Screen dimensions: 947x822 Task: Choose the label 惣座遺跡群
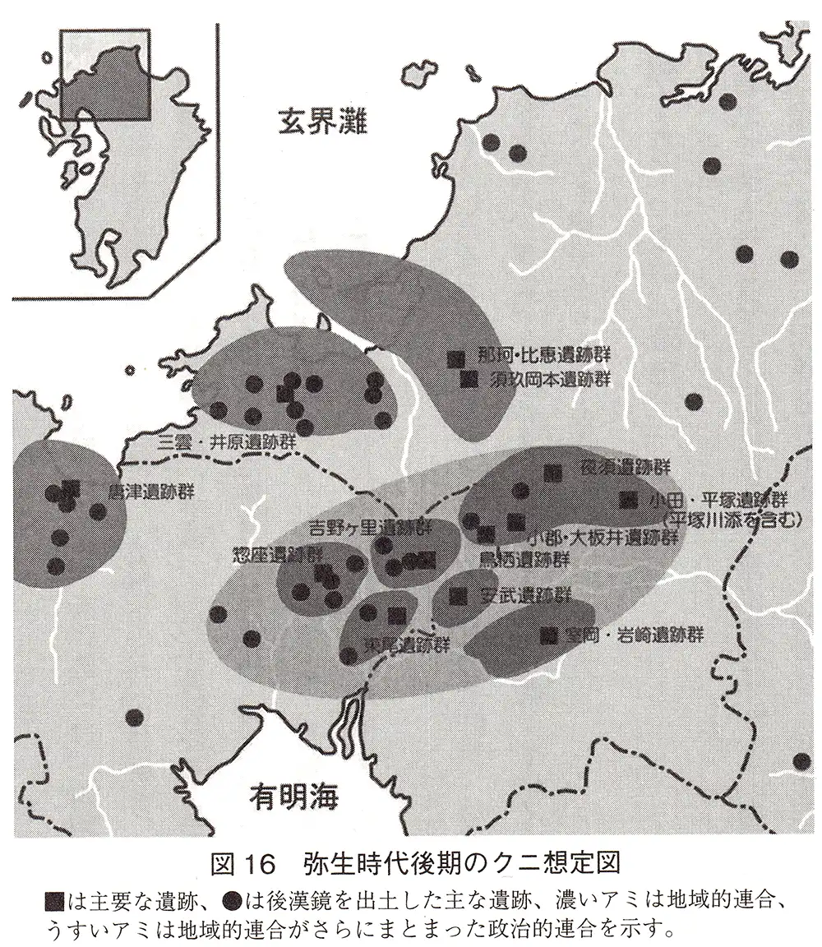tap(266, 554)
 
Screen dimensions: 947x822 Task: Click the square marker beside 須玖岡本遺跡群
tap(469, 379)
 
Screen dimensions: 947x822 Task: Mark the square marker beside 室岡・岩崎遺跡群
tap(548, 634)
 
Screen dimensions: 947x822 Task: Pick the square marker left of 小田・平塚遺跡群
tap(629, 499)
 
